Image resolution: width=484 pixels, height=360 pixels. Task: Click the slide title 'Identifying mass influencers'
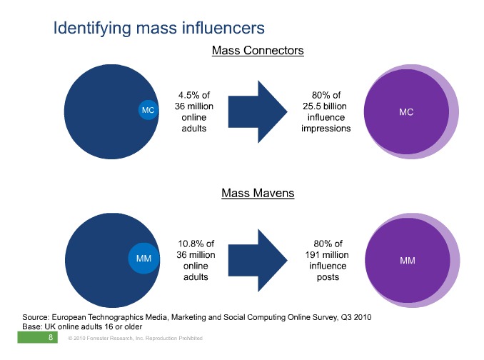pos(159,29)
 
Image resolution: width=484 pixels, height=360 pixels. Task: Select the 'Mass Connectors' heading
pos(258,50)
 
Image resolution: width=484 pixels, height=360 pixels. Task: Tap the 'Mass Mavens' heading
pos(258,193)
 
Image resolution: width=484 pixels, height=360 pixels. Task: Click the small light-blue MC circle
pos(148,110)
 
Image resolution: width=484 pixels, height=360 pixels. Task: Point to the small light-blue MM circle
pos(143,258)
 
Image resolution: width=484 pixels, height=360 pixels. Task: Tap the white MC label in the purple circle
pos(406,111)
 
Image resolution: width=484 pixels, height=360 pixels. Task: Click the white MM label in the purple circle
pos(408,261)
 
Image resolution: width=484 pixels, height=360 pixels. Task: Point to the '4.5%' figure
pos(189,95)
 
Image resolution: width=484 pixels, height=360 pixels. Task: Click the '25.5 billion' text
pos(325,106)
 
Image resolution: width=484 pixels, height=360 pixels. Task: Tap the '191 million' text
pos(327,255)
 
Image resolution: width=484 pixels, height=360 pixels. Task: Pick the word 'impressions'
pos(326,129)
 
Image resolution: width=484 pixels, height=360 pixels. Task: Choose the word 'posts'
pos(328,277)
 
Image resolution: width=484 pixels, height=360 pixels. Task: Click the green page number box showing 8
pos(37,337)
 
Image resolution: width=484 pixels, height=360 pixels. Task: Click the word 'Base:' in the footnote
pos(32,326)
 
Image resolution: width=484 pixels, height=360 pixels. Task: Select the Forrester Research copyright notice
pos(135,338)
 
